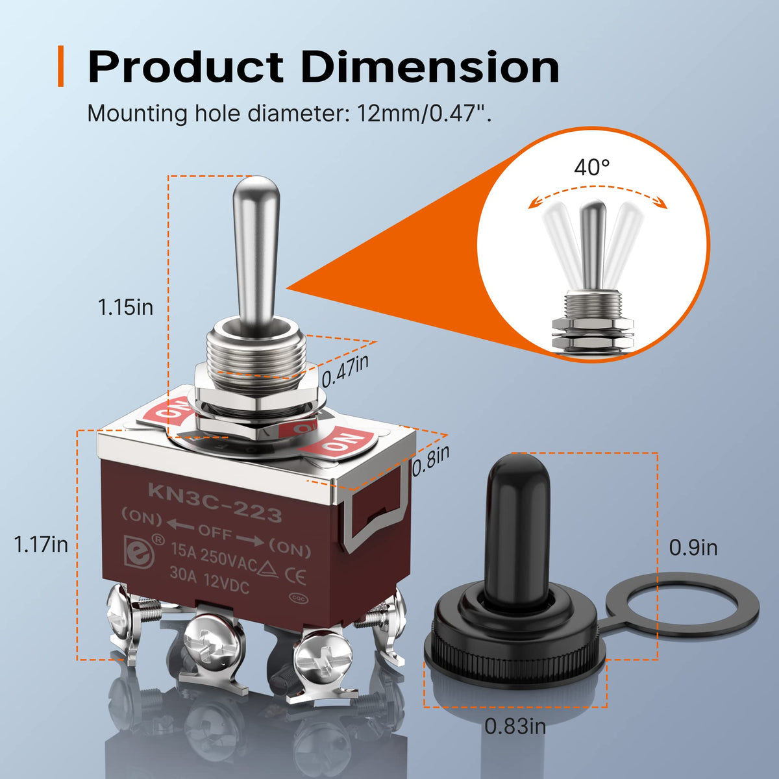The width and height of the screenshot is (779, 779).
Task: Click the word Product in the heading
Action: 185,67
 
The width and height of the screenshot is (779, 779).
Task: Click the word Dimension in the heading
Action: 430,67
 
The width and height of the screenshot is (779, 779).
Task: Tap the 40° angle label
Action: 592,167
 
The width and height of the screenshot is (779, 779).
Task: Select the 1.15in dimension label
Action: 126,307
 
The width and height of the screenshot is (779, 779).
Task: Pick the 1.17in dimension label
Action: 41,545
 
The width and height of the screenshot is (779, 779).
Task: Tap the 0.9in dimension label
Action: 693,548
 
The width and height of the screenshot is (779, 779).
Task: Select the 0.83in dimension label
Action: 515,726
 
